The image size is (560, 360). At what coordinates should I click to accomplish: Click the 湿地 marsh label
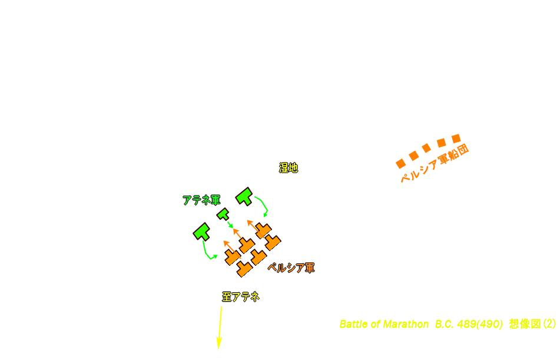tap(289, 168)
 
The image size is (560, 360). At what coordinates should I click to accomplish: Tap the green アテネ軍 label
tap(201, 200)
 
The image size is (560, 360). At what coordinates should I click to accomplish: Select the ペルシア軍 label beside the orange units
tap(291, 267)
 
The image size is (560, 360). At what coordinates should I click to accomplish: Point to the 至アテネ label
tap(241, 297)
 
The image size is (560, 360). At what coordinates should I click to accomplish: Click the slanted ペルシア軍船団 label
tap(435, 163)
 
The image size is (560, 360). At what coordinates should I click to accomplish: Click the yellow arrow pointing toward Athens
tap(220, 328)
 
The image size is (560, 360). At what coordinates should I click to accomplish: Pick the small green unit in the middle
tap(223, 214)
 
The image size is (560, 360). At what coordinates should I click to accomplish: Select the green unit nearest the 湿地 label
tap(244, 196)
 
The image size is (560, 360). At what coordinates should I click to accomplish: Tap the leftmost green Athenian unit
tap(202, 232)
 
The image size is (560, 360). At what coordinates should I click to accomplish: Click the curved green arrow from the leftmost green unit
tap(206, 252)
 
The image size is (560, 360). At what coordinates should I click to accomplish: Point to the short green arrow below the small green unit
tap(230, 224)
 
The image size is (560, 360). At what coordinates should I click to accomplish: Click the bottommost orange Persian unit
tap(244, 269)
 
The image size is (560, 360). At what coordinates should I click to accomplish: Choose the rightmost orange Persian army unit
tap(273, 242)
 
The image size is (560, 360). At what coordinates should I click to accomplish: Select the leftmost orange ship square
tap(400, 164)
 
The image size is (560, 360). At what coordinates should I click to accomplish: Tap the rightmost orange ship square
tap(456, 138)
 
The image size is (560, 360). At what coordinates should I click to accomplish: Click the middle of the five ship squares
tap(426, 148)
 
